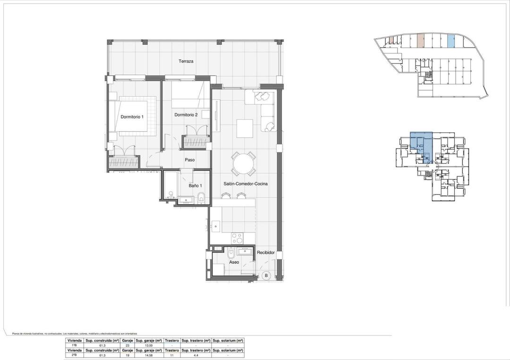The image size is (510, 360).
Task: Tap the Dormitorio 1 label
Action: coord(132,117)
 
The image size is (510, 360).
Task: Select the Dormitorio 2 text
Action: coord(186,115)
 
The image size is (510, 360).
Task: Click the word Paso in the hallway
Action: coord(189,160)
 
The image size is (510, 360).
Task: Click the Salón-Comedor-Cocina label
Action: coord(246,184)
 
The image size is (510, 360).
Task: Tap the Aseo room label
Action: coord(234,262)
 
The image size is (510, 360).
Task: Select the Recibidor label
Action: coord(266,253)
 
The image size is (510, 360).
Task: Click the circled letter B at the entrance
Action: coord(266,275)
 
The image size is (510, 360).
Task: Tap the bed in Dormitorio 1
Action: coord(136,116)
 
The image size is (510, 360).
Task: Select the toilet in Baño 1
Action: coord(201,198)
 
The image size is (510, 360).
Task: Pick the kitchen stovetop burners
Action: coord(236,236)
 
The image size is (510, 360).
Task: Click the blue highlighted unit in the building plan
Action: coord(421,147)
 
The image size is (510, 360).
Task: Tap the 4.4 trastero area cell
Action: coord(195,355)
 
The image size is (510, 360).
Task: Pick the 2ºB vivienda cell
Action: coord(74,355)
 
